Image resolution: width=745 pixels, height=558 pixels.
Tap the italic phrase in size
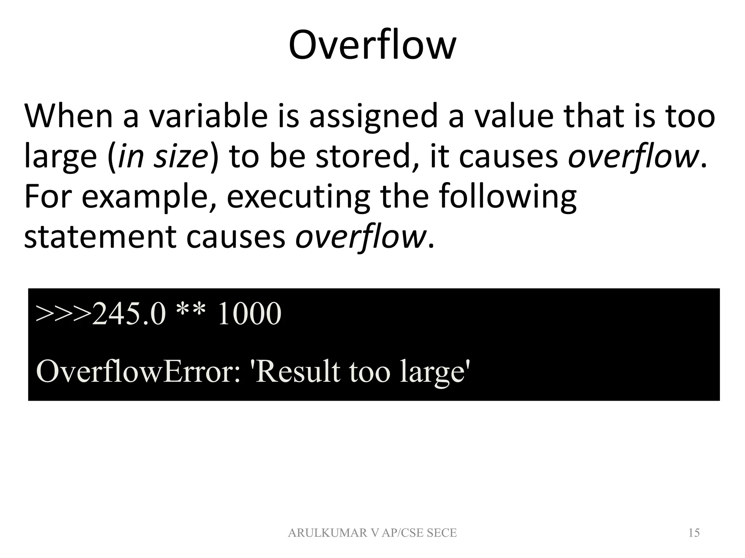click(162, 157)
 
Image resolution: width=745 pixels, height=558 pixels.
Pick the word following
click(508, 198)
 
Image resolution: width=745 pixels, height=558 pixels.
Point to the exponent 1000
click(249, 314)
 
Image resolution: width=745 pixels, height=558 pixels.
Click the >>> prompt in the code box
click(64, 314)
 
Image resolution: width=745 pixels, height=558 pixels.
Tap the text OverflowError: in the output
click(138, 372)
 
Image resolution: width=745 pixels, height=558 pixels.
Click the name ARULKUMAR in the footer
click(327, 533)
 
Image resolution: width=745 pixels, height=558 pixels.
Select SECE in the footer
click(441, 533)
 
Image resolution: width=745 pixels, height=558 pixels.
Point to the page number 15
click(694, 533)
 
